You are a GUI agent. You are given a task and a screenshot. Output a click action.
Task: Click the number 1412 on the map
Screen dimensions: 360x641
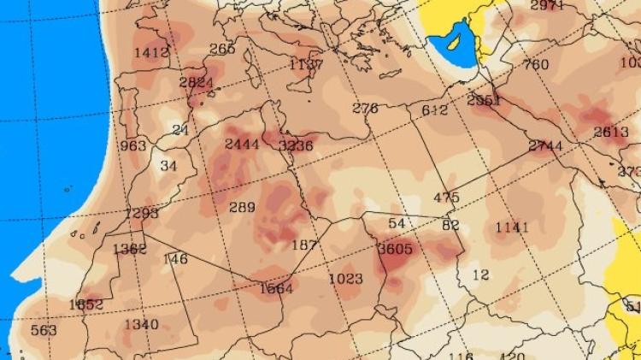[x=152, y=53]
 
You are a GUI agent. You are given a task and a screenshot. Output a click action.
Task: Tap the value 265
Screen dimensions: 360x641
[x=221, y=49]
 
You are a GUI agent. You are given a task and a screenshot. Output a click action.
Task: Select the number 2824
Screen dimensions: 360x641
[x=197, y=82]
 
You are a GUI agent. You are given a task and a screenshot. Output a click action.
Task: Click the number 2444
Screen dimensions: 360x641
[x=242, y=144]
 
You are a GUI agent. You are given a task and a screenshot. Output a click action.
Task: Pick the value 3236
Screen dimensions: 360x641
[x=296, y=145]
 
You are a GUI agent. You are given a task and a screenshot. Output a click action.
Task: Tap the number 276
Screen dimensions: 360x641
[x=365, y=108]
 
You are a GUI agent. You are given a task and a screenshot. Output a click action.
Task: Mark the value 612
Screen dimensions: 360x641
[x=434, y=110]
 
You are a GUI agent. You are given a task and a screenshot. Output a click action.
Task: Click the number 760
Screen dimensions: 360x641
[x=535, y=64]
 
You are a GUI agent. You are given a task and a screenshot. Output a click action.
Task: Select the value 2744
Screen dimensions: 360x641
[x=545, y=146]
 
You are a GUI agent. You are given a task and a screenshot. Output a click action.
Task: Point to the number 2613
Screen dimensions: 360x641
[x=611, y=132]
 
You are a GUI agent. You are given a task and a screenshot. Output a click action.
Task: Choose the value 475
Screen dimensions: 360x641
[x=446, y=198]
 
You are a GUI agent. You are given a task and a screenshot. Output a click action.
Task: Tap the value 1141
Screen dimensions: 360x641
[x=512, y=227]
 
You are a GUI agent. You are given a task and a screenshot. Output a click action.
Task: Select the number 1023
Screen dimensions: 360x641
[x=345, y=279]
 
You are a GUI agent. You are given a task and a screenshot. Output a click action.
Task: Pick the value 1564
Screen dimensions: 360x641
[x=276, y=288]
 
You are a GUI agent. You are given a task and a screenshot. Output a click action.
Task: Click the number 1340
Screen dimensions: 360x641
[x=141, y=324]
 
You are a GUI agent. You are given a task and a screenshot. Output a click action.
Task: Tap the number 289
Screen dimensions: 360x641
[x=242, y=207]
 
